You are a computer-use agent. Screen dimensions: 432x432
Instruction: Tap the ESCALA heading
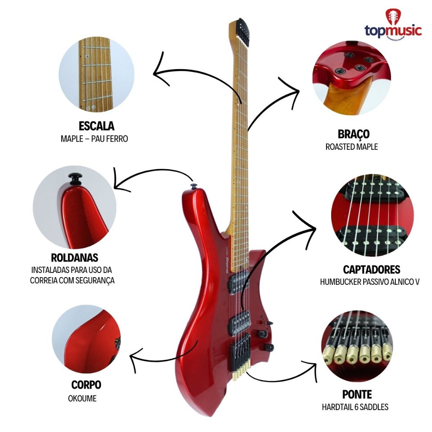[97, 126]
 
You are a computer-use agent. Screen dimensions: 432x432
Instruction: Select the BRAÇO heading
[354, 134]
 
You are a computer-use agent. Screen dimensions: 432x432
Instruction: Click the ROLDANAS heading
[74, 257]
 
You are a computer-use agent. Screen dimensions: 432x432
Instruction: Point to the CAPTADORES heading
[371, 270]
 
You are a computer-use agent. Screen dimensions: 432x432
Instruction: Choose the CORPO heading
[86, 385]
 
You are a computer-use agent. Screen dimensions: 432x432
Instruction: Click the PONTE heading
[357, 394]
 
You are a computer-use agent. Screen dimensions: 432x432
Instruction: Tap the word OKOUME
[82, 398]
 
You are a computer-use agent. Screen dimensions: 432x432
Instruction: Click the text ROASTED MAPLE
[351, 147]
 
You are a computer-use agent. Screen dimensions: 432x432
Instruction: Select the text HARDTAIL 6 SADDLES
[355, 407]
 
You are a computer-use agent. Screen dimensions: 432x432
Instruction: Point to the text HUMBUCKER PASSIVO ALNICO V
[370, 282]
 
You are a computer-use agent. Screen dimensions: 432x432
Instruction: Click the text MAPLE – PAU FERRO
[94, 138]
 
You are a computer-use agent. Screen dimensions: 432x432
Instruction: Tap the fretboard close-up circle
[97, 75]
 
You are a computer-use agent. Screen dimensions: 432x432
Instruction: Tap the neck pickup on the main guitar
[237, 286]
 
